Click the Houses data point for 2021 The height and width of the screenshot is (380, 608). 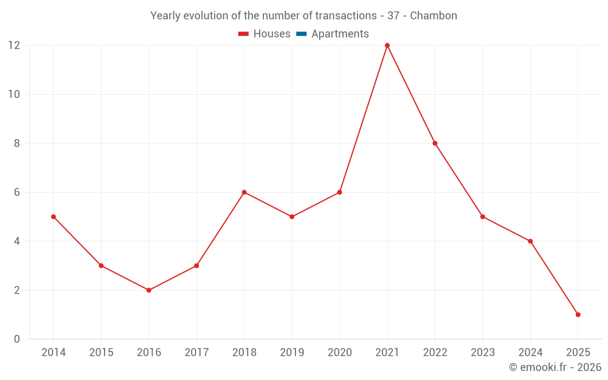click(387, 46)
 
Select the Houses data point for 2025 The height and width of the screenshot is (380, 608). click(578, 314)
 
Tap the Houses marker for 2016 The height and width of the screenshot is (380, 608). click(149, 290)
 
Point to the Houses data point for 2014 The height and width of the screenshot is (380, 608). click(54, 216)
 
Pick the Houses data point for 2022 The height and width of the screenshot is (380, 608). click(435, 143)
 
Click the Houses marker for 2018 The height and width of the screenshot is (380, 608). click(244, 192)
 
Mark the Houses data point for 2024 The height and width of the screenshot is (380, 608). click(530, 241)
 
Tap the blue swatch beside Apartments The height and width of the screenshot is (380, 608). click(302, 34)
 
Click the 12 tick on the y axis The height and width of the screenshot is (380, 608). click(13, 46)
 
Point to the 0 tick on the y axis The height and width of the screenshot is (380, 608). click(16, 339)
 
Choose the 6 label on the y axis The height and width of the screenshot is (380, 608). click(16, 192)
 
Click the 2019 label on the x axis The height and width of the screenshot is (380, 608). click(292, 353)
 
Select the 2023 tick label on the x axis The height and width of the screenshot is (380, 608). click(482, 353)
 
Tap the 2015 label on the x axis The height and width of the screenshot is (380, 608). click(101, 353)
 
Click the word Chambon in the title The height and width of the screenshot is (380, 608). click(434, 16)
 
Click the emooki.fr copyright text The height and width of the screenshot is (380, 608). click(555, 367)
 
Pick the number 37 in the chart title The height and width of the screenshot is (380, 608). click(393, 16)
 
